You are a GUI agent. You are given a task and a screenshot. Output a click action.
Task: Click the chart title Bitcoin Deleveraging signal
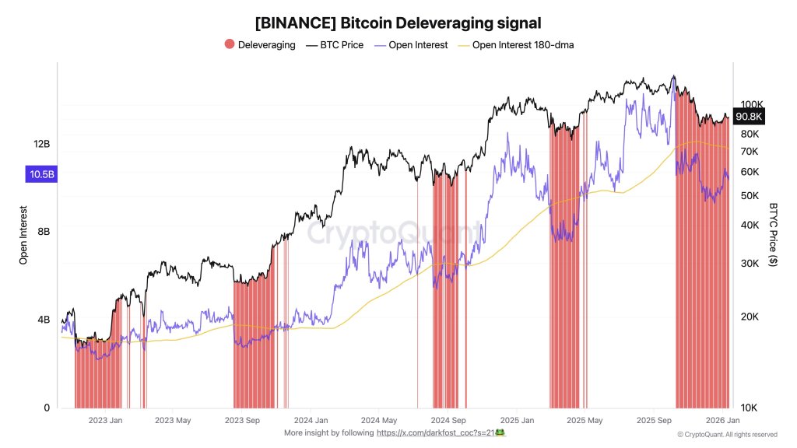click(x=398, y=23)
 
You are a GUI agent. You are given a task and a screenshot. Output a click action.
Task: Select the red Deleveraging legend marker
click(x=230, y=45)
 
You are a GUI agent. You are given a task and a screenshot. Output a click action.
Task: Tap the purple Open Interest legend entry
click(x=412, y=45)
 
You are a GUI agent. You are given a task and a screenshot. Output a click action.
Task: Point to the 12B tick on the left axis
click(x=41, y=144)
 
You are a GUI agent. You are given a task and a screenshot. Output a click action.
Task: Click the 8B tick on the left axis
click(x=44, y=232)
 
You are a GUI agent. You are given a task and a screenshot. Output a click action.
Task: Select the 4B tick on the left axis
click(x=44, y=320)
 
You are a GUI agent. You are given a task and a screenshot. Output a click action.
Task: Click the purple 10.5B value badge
click(x=42, y=174)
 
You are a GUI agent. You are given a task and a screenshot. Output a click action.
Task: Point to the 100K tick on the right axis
click(x=751, y=104)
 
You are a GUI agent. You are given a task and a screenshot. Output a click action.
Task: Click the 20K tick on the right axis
click(x=749, y=317)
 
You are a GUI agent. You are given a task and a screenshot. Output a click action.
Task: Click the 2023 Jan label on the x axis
click(x=105, y=421)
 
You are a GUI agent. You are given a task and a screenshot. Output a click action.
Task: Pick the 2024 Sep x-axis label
click(x=448, y=421)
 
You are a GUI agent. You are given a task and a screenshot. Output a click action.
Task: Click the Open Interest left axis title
click(x=23, y=236)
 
